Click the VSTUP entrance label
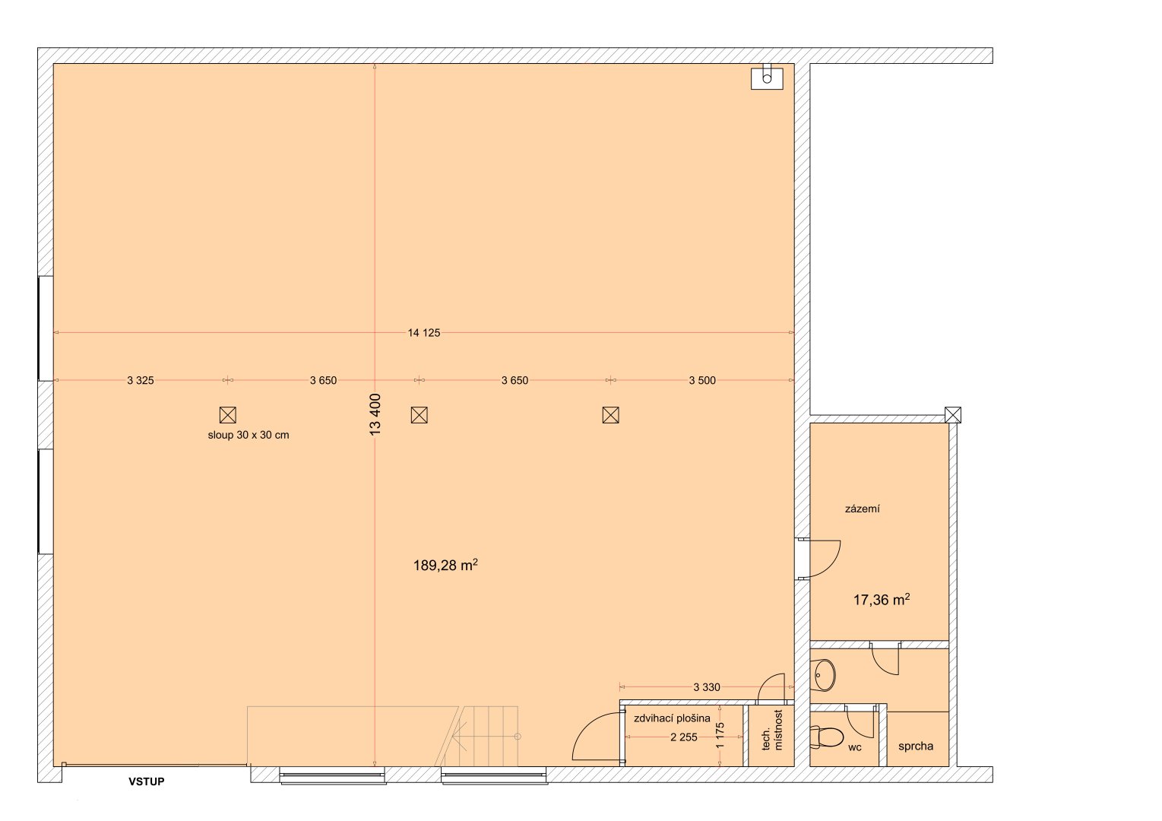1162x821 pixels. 146,781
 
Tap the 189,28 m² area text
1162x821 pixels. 445,565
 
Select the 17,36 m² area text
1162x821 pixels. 882,600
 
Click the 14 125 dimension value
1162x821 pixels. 424,332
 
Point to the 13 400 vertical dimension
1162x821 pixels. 375,414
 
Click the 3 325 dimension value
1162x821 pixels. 141,380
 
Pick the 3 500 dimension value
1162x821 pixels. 702,380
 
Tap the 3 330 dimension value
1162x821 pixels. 707,687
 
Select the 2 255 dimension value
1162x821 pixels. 684,737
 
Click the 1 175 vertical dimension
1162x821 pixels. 720,736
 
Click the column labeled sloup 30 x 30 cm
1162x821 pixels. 227,414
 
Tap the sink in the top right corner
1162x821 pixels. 767,78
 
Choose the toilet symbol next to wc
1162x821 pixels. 827,737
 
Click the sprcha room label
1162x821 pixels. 916,747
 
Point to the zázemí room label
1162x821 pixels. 863,509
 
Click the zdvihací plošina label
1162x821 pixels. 672,718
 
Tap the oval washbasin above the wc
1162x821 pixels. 825,673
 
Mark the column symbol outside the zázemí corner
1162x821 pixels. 952,414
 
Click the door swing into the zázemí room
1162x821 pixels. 822,559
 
